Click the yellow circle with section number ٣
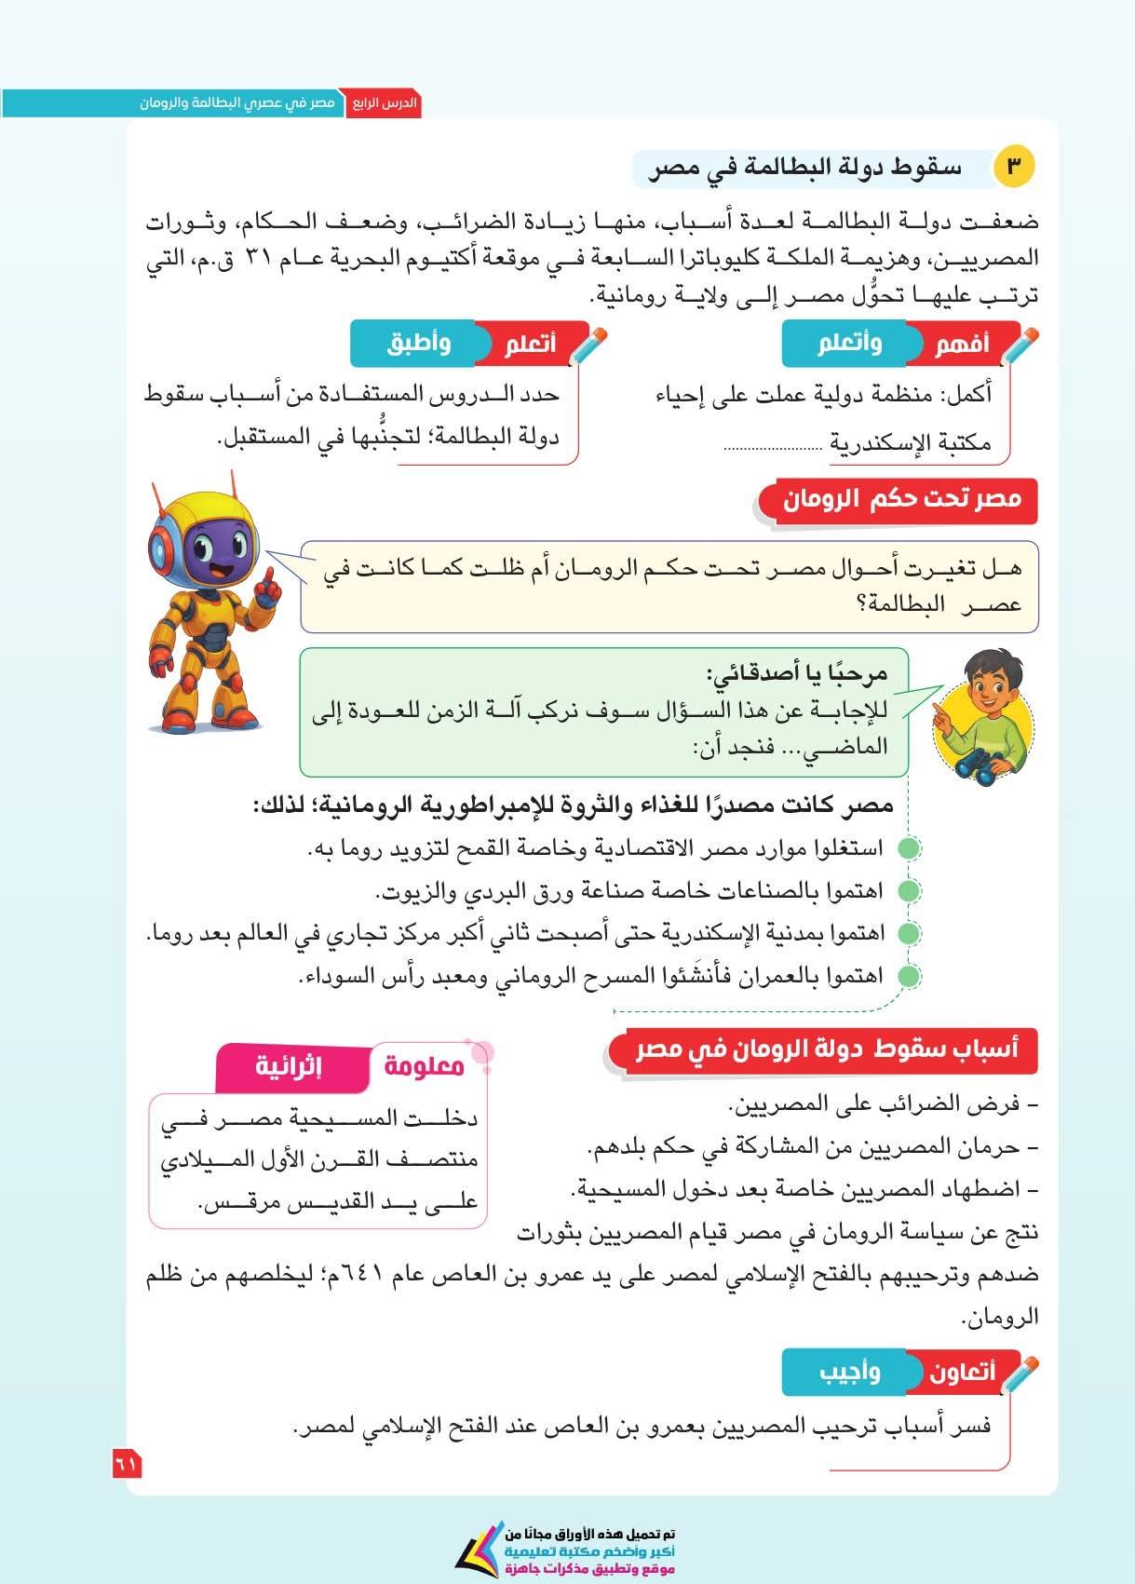(x=1014, y=168)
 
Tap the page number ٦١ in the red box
(x=127, y=1463)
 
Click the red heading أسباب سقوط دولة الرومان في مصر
(x=827, y=1049)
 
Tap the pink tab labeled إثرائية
(x=289, y=1065)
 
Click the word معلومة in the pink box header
(x=425, y=1065)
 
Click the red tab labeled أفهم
(x=961, y=344)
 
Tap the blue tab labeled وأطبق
(x=418, y=344)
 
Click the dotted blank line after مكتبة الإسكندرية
(x=772, y=447)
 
